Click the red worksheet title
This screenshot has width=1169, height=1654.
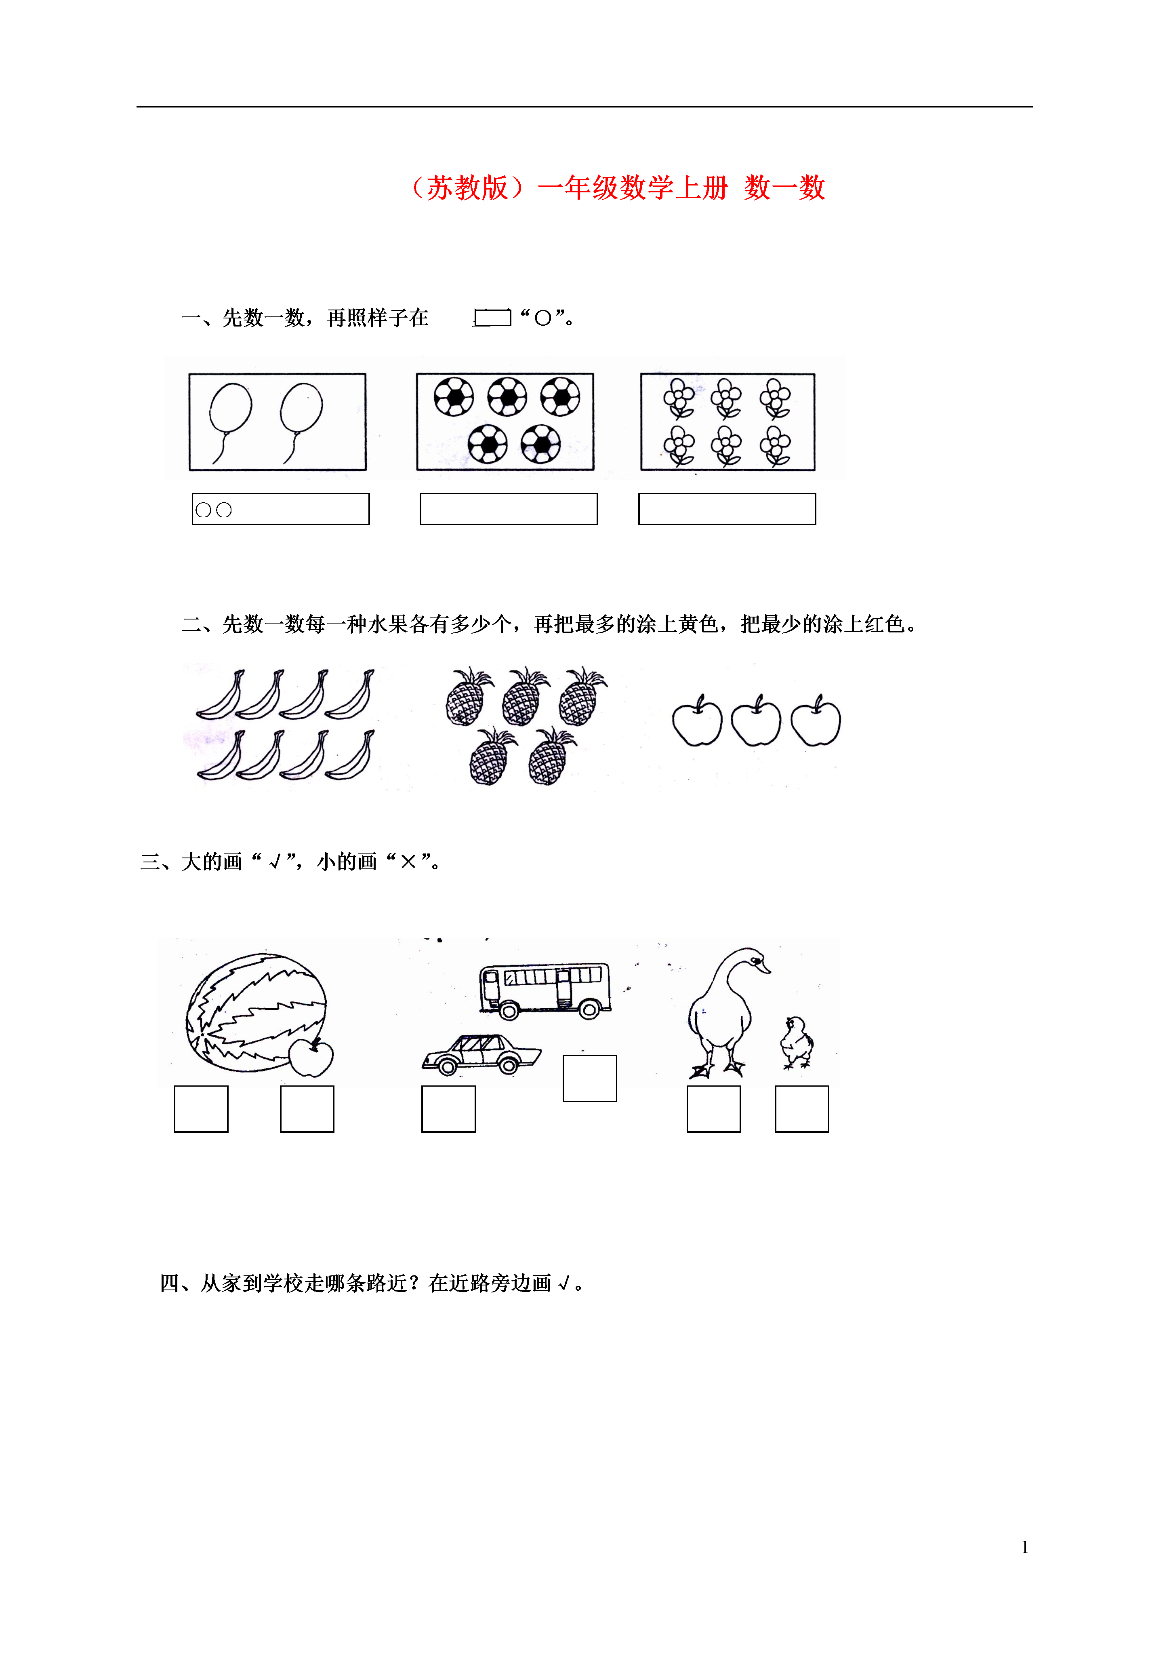click(617, 188)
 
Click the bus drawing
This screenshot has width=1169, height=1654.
click(545, 990)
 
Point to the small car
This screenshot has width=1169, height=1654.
click(481, 1056)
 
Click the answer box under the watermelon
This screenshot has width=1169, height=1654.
click(201, 1109)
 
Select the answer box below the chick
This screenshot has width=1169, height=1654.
click(802, 1109)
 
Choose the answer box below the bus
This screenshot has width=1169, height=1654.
click(590, 1079)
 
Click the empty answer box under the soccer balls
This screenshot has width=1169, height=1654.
click(509, 509)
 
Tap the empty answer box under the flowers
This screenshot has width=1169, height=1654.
click(727, 509)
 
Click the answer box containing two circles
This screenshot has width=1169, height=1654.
click(281, 509)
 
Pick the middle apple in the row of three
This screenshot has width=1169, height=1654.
click(755, 721)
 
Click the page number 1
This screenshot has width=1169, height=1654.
click(1025, 1547)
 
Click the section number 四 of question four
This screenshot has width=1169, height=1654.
click(170, 1283)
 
